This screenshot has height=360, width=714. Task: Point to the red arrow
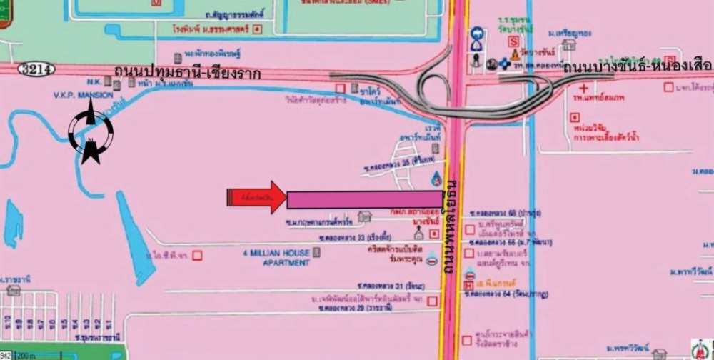coord(257,197)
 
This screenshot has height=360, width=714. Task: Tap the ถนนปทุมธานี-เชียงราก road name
coord(187,73)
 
